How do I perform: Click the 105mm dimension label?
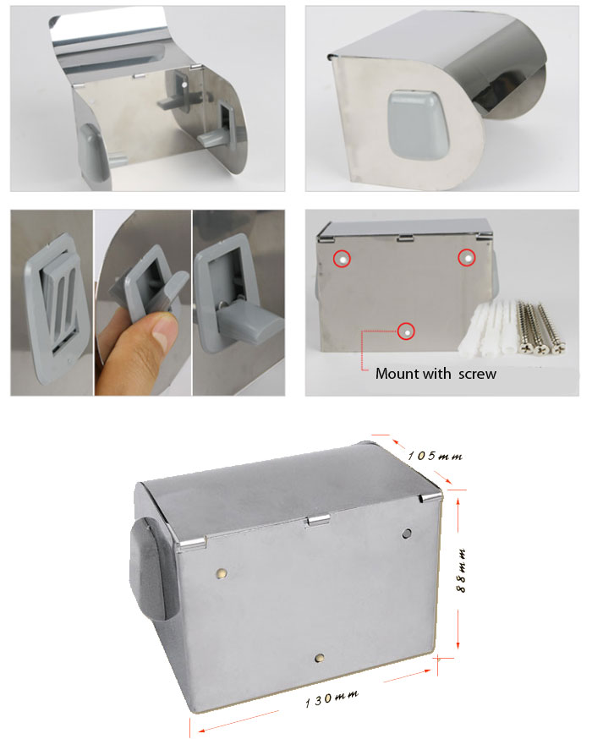pyautogui.click(x=435, y=456)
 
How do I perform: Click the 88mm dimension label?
pyautogui.click(x=462, y=570)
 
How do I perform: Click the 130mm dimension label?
pyautogui.click(x=332, y=698)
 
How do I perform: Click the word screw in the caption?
pyautogui.click(x=477, y=375)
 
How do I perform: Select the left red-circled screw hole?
pyautogui.click(x=343, y=259)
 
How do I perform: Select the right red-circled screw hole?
pyautogui.click(x=467, y=258)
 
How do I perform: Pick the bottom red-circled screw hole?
pyautogui.click(x=406, y=331)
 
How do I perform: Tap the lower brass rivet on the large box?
pyautogui.click(x=320, y=658)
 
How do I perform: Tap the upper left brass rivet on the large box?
pyautogui.click(x=221, y=573)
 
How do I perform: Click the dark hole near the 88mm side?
pyautogui.click(x=406, y=534)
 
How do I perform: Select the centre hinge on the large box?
pyautogui.click(x=317, y=521)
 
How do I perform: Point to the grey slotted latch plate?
pyautogui.click(x=56, y=305)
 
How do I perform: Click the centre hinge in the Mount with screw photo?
pyautogui.click(x=405, y=238)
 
